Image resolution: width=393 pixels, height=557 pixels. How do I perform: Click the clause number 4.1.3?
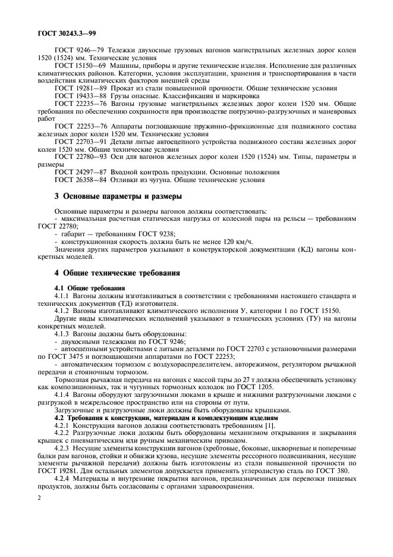coord(63,334)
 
